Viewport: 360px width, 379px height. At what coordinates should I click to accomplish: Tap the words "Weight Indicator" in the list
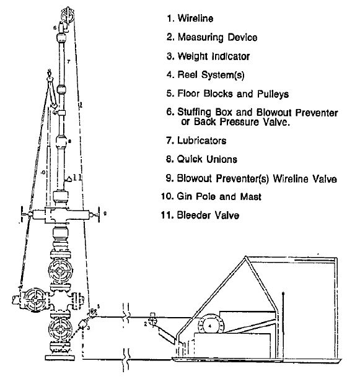click(213, 56)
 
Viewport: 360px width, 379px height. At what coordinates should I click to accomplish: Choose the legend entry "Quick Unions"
click(207, 159)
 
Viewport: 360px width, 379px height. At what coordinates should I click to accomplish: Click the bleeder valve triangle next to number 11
click(67, 179)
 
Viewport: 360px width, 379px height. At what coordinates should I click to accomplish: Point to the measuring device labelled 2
click(152, 322)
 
